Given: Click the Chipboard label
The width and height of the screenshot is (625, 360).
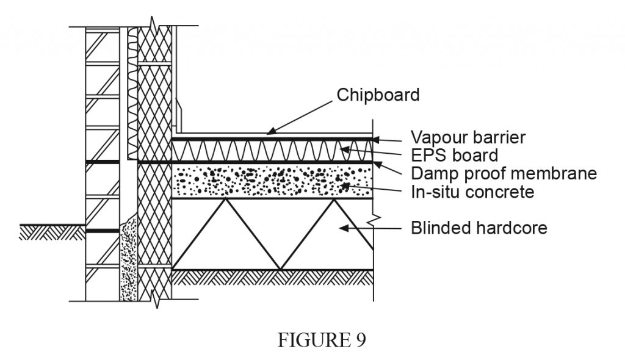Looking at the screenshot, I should pos(378,95).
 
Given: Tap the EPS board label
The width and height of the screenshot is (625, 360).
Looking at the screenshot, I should pos(454,155).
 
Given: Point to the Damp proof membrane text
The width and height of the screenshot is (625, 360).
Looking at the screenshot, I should pos(503,173).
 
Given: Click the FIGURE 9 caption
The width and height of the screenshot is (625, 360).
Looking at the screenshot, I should pos(322,340).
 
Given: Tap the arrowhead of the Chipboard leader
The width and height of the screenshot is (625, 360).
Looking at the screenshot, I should pos(269,131).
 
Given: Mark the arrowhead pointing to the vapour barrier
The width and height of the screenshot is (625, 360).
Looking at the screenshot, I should pos(377,139).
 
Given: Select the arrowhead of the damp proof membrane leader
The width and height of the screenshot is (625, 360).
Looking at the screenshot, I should pos(377,163).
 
